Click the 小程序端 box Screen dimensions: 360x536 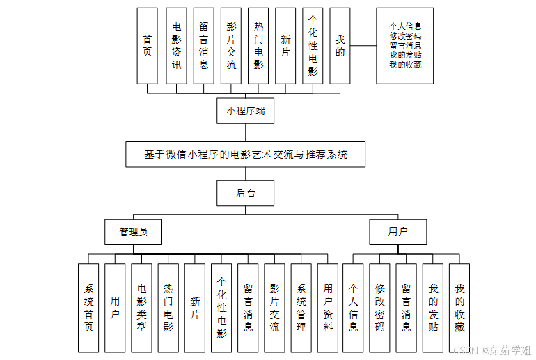245,110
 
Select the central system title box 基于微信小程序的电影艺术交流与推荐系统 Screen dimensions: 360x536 245,155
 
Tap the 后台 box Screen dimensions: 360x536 245,193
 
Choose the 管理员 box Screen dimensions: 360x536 133,232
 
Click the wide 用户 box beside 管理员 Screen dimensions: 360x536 397,232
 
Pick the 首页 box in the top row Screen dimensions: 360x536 147,46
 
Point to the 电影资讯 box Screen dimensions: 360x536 176,46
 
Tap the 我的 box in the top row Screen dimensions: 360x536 339,46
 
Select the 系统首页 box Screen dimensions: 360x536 88,308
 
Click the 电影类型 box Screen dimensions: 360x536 141,308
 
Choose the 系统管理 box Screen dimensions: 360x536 301,308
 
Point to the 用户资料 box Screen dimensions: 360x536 328,308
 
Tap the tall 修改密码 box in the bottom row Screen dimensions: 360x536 379,308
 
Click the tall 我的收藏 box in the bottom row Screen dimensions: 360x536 459,308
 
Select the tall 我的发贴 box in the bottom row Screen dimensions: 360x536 433,308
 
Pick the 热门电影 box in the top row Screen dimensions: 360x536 258,46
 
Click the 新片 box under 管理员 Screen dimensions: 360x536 195,308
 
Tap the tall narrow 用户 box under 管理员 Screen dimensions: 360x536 115,308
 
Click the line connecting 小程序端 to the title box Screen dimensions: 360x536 245,132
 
